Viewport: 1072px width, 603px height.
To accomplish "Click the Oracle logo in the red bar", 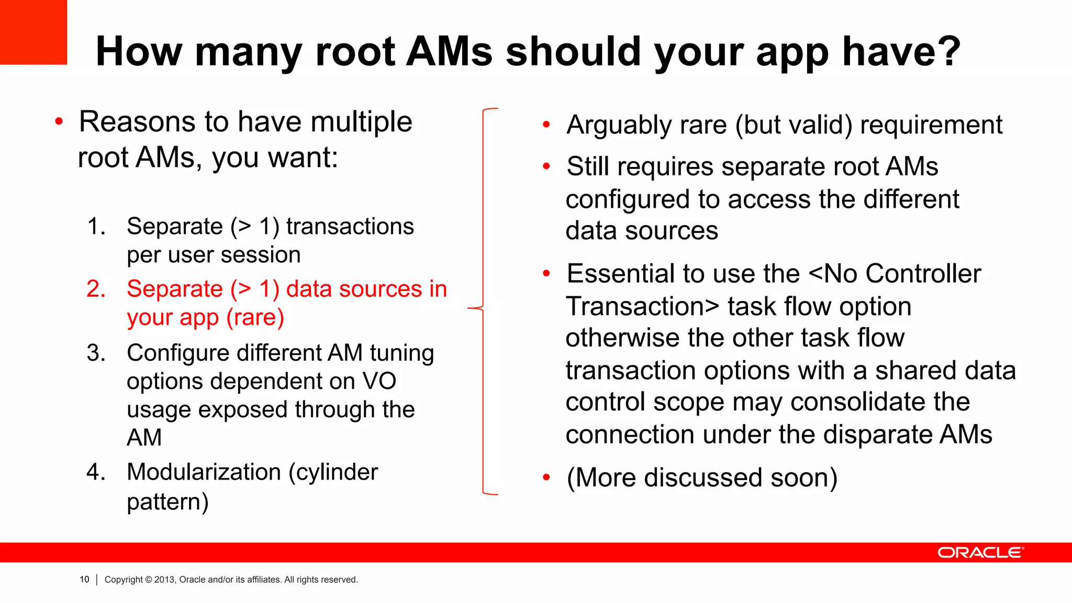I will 980,553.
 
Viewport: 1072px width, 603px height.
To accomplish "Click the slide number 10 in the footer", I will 84,579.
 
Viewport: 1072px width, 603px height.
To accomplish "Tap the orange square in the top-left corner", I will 33,31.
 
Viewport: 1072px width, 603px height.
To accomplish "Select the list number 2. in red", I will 96,289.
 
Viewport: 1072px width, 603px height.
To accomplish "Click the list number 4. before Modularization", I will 96,472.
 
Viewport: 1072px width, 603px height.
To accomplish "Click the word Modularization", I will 204,472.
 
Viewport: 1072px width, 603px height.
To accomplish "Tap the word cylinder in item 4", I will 333,472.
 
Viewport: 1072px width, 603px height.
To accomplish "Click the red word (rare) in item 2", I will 255,318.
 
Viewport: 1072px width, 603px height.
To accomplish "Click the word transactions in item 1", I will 350,227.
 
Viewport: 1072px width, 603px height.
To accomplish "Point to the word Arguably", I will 621,126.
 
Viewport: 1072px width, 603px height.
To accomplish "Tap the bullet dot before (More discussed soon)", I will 546,477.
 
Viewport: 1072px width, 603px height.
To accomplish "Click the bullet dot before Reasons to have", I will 59,122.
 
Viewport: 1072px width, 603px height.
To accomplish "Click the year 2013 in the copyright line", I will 164,579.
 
